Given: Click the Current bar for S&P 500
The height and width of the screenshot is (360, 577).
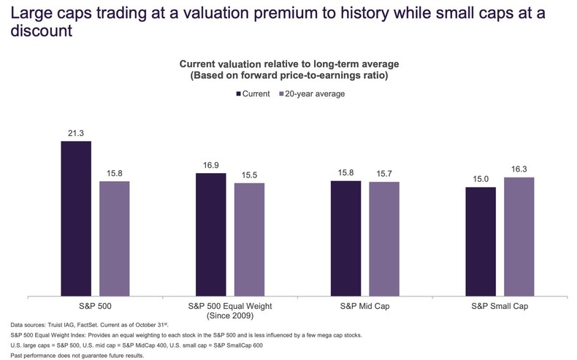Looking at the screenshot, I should [76, 219].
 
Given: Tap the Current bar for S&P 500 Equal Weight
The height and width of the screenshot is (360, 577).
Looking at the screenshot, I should [211, 235].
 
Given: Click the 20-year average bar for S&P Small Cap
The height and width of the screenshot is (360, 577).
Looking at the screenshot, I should [519, 237].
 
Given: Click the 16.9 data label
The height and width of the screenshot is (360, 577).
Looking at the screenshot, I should [211, 166].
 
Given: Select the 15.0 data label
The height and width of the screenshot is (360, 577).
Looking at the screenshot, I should [481, 180].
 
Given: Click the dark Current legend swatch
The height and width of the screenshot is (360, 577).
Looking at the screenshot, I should [238, 93].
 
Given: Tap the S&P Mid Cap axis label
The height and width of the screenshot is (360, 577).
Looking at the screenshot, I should [365, 306].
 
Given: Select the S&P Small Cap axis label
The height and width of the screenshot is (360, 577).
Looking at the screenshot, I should [500, 306].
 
